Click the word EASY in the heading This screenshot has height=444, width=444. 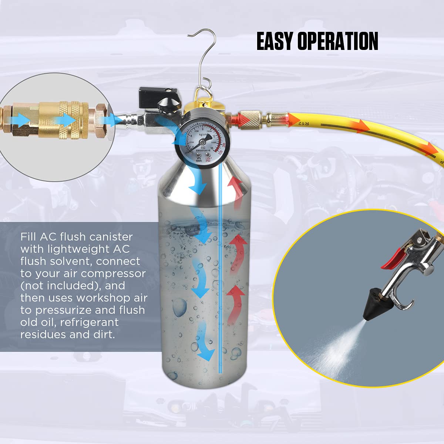[x=275, y=41]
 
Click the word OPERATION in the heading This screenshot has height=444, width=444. [x=337, y=41]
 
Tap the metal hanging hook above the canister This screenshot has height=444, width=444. [x=202, y=55]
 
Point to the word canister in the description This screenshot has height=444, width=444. [x=111, y=237]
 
